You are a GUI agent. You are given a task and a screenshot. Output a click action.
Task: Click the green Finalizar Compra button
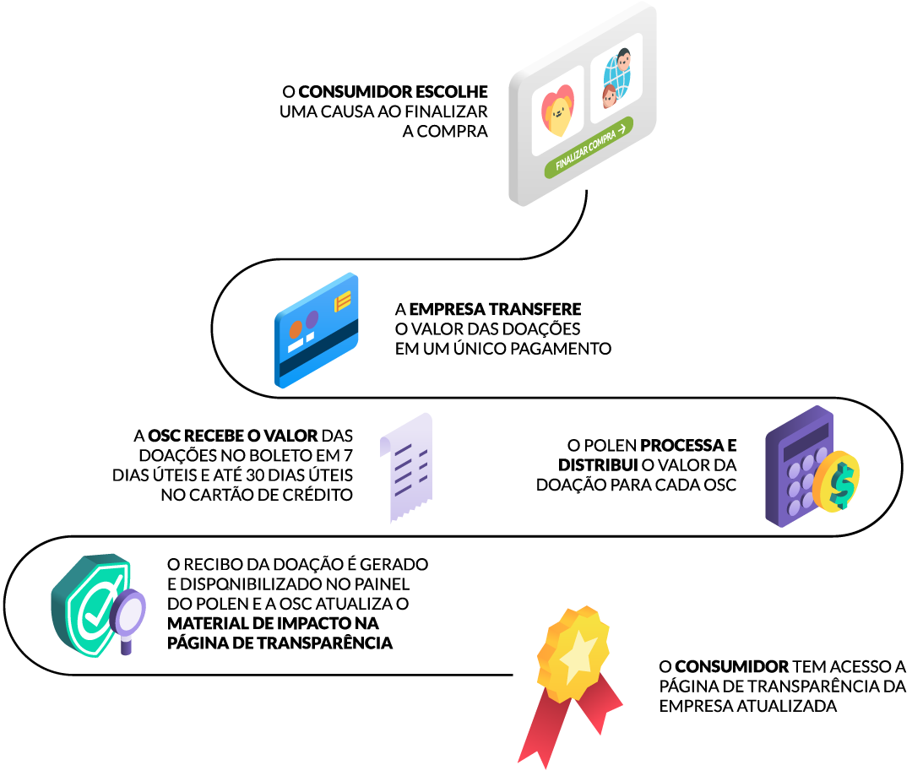click(x=589, y=147)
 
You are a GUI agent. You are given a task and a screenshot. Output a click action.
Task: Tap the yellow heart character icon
click(x=558, y=110)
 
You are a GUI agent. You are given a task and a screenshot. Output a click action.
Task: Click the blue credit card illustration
click(x=316, y=330)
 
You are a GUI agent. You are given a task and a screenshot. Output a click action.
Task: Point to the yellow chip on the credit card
click(x=343, y=301)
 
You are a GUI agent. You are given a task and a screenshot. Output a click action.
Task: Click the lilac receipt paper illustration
click(x=406, y=467)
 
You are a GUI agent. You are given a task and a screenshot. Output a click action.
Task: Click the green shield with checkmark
click(x=92, y=605)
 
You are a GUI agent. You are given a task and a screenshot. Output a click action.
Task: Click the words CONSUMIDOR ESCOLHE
click(x=394, y=92)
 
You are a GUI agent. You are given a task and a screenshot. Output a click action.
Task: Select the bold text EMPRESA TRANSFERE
click(x=495, y=309)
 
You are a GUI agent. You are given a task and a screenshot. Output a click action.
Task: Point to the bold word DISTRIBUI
click(x=598, y=465)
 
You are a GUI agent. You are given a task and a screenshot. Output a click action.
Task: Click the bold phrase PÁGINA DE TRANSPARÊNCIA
click(x=280, y=643)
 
